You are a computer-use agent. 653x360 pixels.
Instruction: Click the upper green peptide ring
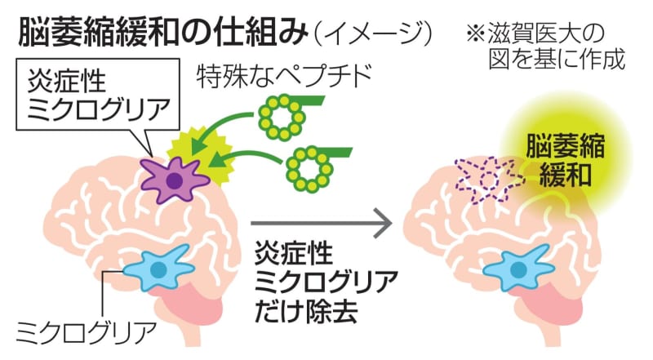click(281, 115)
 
